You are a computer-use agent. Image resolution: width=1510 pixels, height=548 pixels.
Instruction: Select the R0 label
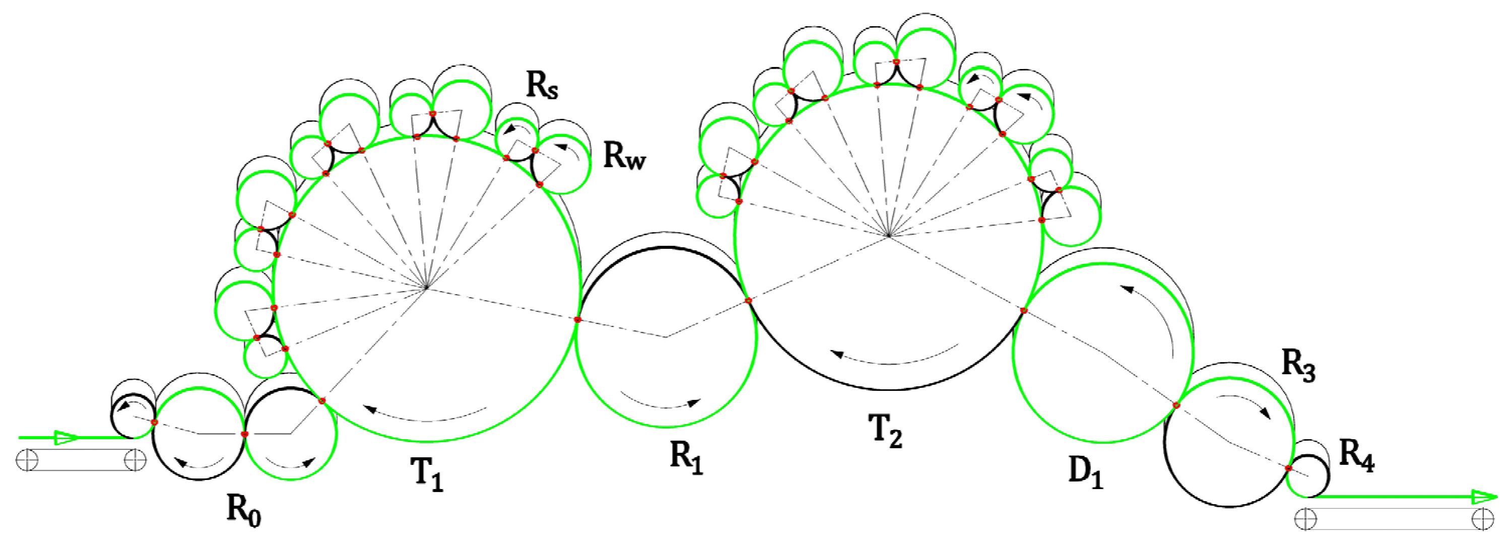click(x=244, y=510)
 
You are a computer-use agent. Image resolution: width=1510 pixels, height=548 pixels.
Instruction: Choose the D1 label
click(x=1086, y=470)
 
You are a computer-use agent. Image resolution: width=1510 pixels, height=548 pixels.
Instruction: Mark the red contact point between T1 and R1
click(x=577, y=319)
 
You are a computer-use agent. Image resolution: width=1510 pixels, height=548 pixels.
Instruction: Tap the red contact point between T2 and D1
click(x=1024, y=310)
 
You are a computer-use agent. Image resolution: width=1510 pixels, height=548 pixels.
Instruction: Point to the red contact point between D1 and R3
click(x=1176, y=405)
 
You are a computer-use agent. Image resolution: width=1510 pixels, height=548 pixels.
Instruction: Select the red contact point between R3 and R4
click(x=1288, y=468)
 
